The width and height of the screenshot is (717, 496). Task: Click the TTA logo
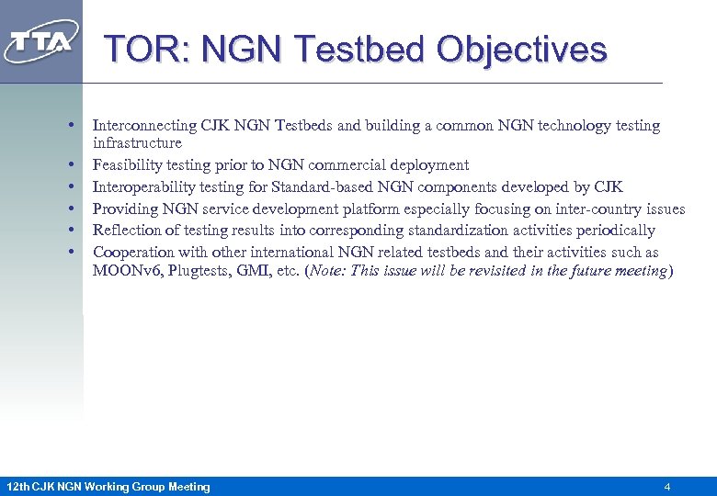tap(41, 42)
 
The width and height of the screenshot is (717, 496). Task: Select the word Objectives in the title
tap(521, 49)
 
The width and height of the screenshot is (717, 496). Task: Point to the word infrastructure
tap(137, 143)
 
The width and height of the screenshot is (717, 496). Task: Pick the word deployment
tap(431, 165)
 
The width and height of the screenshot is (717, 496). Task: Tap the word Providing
tap(126, 209)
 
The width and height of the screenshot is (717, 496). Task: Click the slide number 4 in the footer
tap(666, 486)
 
